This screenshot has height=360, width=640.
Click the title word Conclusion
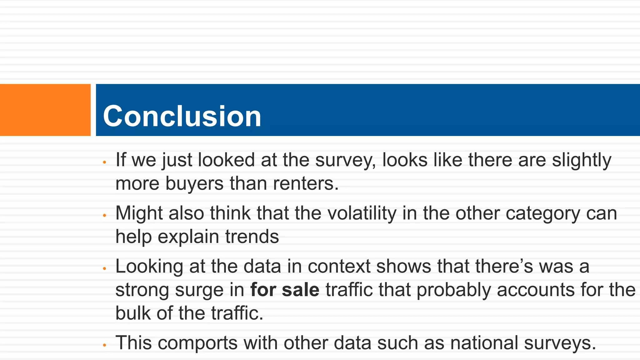[x=182, y=116]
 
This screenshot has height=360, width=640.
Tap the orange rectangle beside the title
[x=45, y=110]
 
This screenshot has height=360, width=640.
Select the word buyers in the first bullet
[x=194, y=183]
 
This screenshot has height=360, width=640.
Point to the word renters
[x=306, y=183]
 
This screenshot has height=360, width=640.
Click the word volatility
[x=361, y=213]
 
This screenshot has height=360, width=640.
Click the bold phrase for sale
[x=285, y=290]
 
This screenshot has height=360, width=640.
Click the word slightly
[x=582, y=161]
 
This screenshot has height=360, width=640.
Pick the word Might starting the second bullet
[x=139, y=214]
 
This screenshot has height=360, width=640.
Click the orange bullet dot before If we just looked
[x=105, y=162]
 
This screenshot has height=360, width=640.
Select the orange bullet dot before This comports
[x=105, y=345]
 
